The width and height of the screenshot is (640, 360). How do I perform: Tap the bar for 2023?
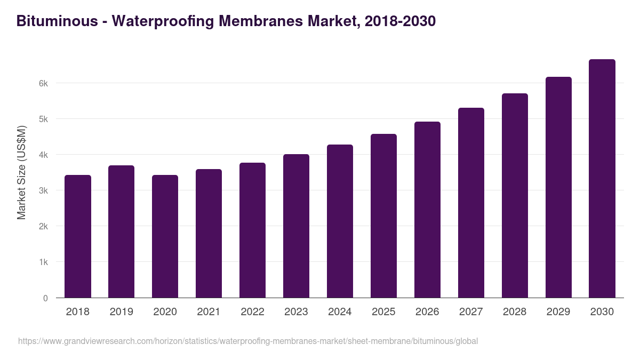(296, 226)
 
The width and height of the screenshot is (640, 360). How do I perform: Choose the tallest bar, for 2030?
(602, 179)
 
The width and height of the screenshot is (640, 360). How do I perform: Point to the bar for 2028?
(515, 196)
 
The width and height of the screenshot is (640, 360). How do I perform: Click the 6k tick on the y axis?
(43, 84)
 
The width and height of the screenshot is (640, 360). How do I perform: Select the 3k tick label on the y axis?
(43, 191)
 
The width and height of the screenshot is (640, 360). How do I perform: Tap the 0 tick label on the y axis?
(45, 298)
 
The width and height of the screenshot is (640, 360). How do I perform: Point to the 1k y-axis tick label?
(43, 262)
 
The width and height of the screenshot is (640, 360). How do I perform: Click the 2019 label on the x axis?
(122, 312)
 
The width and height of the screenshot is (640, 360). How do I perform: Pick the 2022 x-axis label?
(252, 312)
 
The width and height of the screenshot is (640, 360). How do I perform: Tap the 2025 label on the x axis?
(383, 312)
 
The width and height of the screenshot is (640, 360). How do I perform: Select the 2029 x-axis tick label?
(558, 312)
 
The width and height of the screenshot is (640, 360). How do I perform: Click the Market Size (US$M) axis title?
(21, 172)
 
